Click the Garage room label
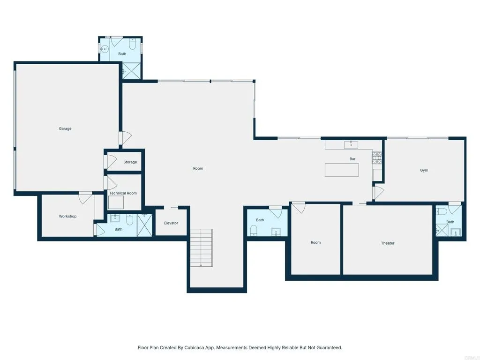tap(65, 128)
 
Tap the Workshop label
tap(67, 216)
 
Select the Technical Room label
tap(123, 193)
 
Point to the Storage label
tap(130, 162)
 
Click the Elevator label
tap(171, 223)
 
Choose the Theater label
tap(388, 243)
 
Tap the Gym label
tap(424, 170)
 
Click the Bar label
tap(352, 159)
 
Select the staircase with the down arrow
tap(201, 247)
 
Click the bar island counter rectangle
tap(342, 170)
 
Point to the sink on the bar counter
tap(351, 144)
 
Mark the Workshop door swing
tap(85, 198)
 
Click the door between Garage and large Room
tap(125, 137)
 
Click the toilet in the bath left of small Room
tap(254, 230)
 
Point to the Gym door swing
tap(378, 192)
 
